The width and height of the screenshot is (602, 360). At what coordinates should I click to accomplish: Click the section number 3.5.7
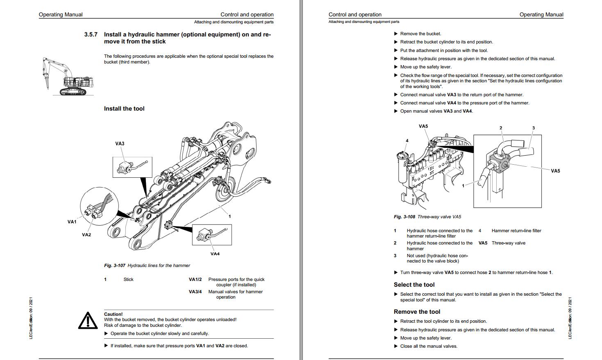91,35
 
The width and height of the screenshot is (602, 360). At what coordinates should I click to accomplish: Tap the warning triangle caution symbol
88,321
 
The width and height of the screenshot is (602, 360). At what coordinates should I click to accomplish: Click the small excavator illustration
68,77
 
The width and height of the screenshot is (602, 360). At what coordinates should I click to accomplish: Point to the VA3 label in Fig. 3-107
120,144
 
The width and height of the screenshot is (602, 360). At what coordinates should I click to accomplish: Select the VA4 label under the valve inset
215,254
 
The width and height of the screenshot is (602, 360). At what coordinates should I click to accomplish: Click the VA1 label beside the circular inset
72,222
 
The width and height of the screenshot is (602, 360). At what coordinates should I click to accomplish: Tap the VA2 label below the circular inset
86,235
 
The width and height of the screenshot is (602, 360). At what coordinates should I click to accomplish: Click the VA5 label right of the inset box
555,171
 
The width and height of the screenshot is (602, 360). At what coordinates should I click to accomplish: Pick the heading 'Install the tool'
124,109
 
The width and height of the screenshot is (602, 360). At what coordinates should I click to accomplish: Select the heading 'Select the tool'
414,285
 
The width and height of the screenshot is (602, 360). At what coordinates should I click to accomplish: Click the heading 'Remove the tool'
417,312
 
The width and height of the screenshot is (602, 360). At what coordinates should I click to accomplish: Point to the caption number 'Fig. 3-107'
115,265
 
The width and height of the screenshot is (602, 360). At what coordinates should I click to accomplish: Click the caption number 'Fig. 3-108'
404,217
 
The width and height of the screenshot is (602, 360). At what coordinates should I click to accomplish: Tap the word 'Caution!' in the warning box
113,314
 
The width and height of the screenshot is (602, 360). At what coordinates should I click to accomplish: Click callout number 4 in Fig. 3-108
407,141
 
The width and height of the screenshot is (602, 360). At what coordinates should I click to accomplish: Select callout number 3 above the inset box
533,128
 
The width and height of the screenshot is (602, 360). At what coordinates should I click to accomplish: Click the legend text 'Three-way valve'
508,243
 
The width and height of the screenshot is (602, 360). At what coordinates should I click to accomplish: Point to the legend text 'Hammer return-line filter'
516,231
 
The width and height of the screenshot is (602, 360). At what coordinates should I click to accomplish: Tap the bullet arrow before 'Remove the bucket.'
396,34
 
